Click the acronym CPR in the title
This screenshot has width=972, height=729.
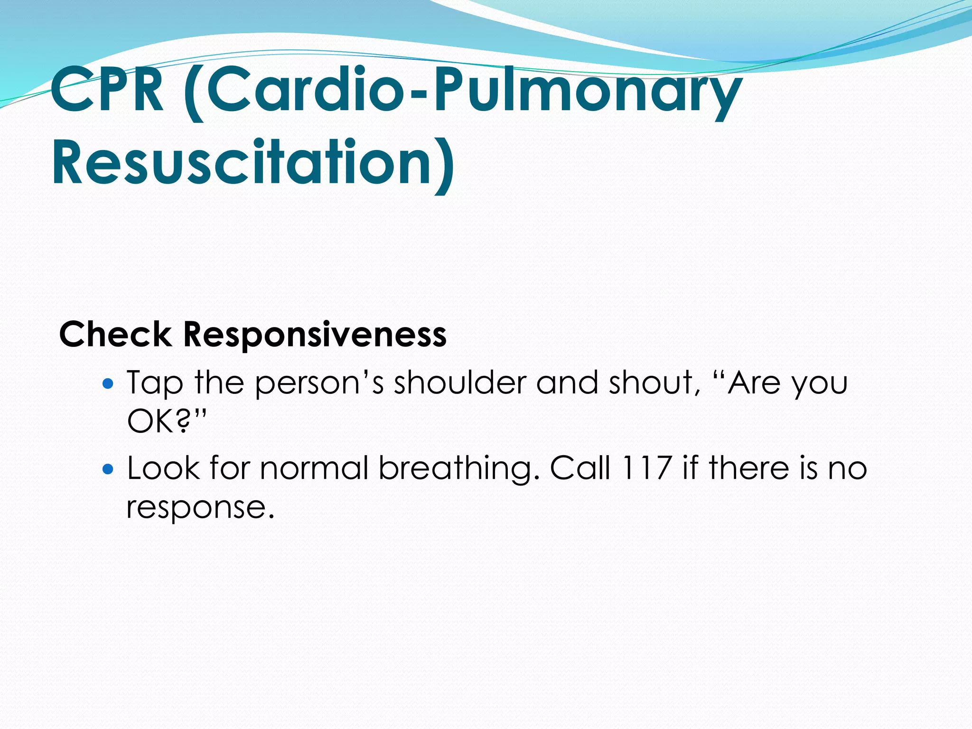107,90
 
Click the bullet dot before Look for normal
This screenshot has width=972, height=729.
108,469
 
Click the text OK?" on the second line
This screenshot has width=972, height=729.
167,421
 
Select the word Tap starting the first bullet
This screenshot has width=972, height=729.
154,383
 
